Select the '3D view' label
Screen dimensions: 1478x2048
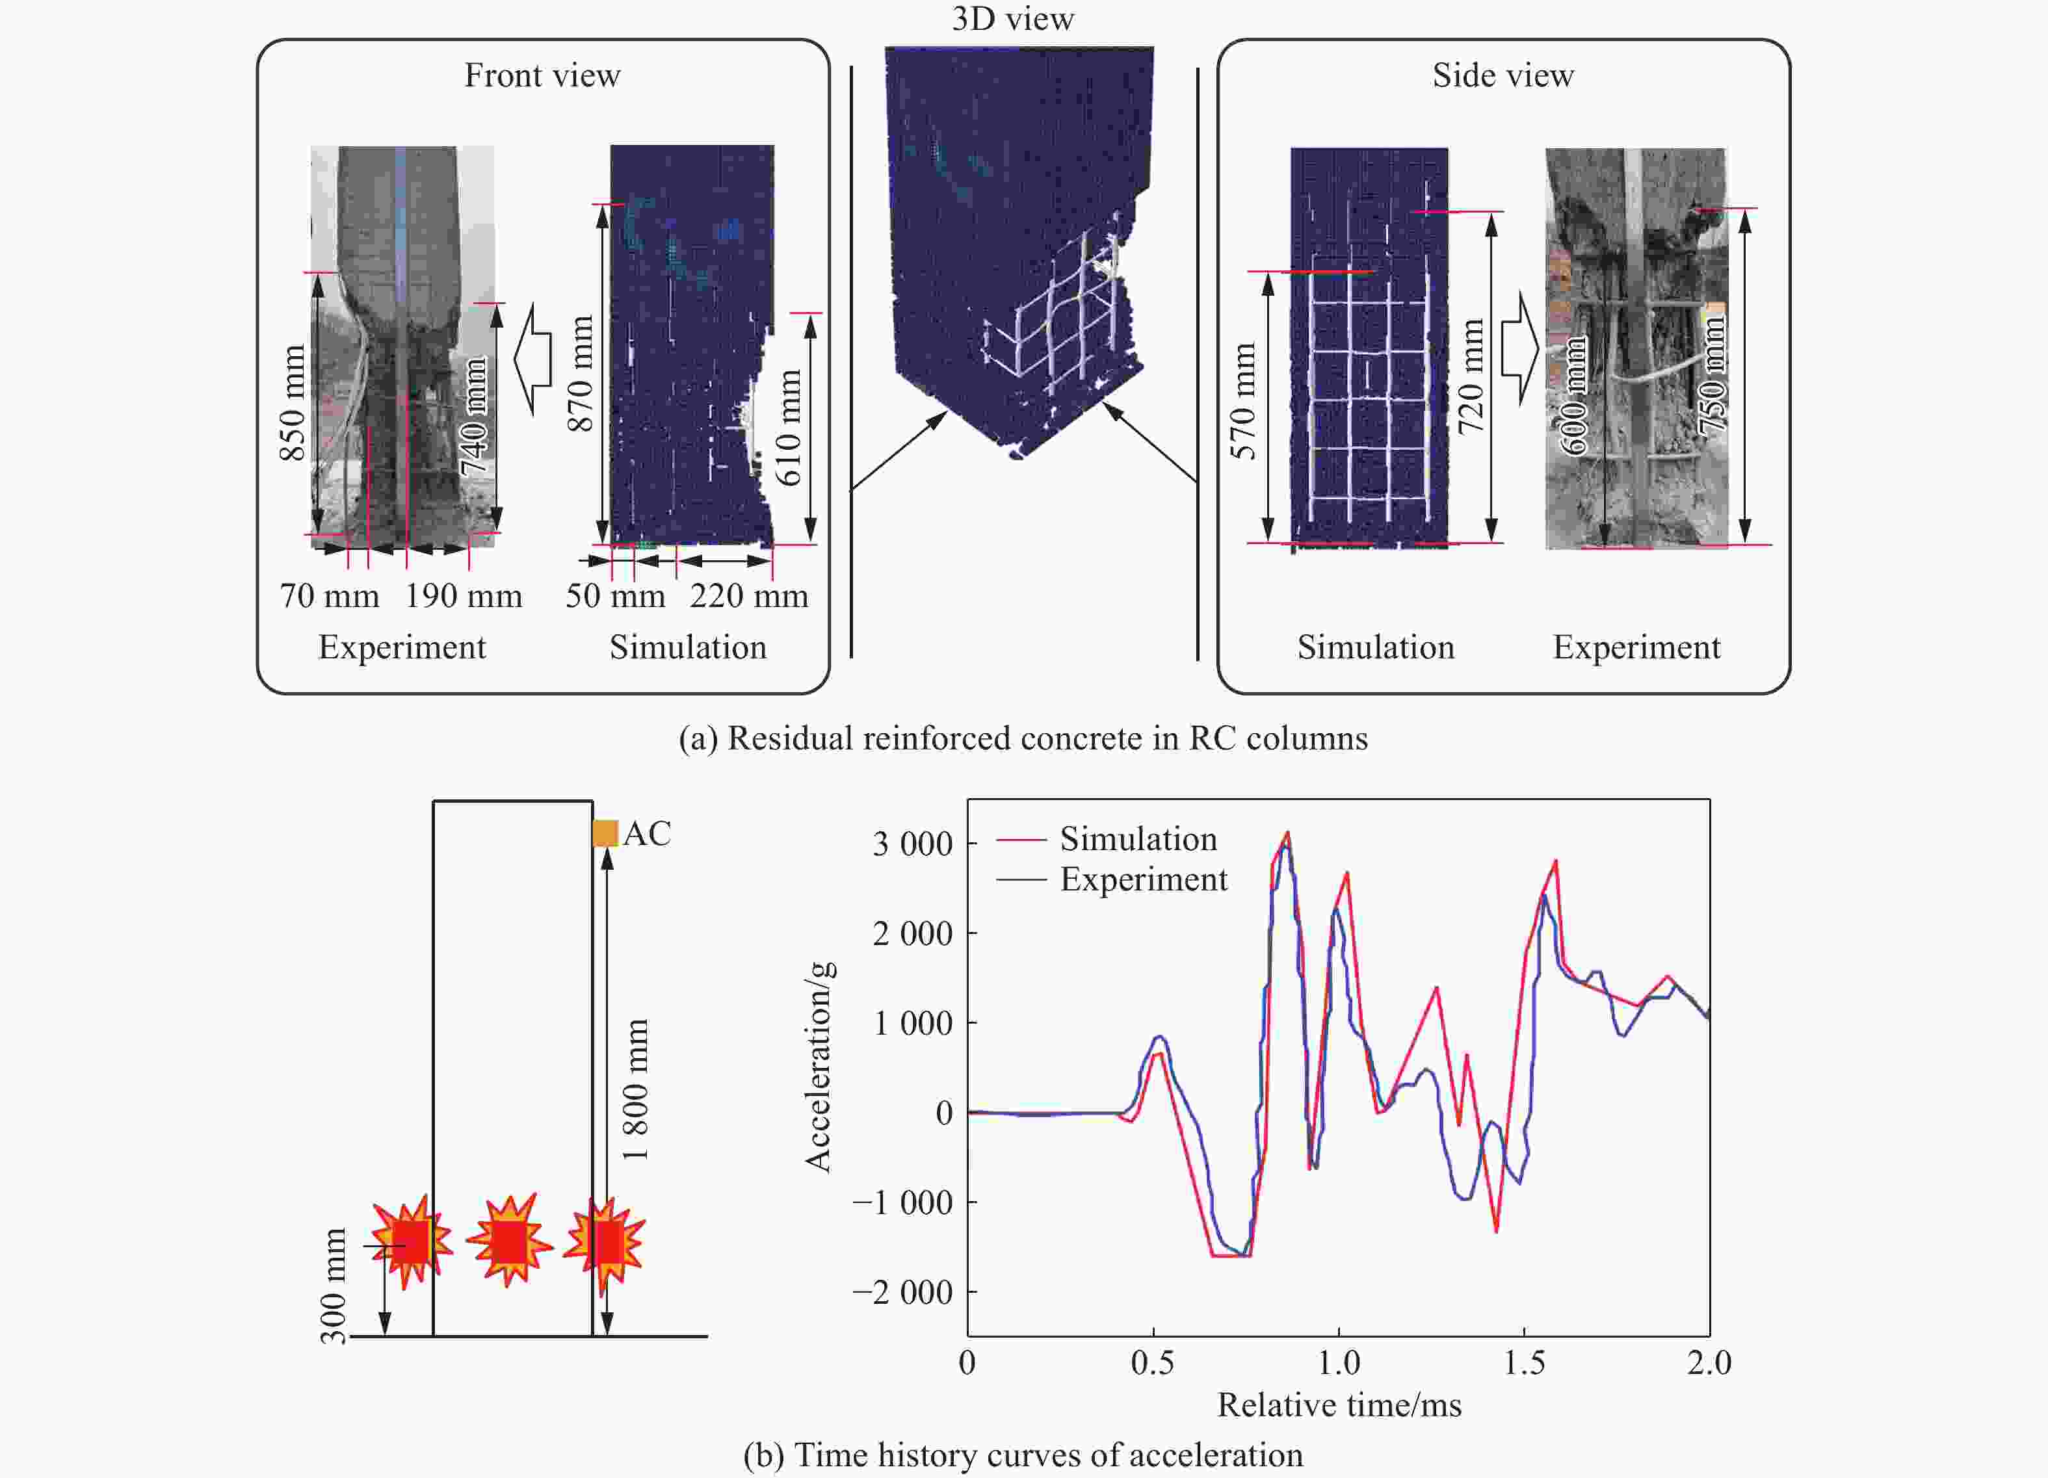pos(1012,19)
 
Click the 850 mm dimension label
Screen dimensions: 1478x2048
pos(293,403)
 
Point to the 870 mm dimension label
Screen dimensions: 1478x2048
pos(580,373)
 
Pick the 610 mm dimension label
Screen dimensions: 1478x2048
pos(788,427)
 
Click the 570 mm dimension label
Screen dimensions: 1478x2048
pos(1243,401)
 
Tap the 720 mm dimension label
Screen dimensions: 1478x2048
pos(1471,376)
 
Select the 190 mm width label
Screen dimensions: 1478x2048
pos(463,596)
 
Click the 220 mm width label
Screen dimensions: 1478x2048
pos(748,596)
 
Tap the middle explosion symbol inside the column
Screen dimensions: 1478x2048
pos(509,1241)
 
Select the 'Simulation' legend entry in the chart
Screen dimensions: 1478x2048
pos(1138,838)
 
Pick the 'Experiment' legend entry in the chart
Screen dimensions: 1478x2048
pos(1143,879)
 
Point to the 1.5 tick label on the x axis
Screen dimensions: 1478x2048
pos(1524,1362)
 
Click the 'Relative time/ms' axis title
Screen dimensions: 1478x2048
pos(1339,1405)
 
